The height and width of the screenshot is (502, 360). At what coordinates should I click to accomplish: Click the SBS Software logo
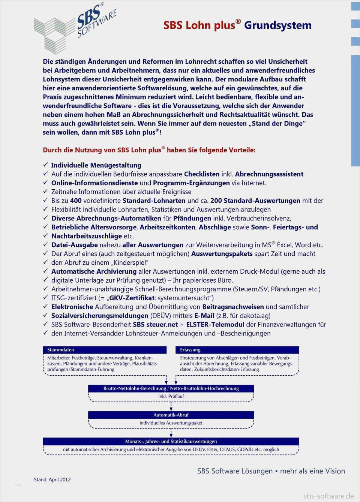75,28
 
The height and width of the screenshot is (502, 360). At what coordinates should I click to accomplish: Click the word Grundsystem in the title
278,25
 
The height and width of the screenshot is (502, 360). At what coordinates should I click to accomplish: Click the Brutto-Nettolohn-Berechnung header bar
171,388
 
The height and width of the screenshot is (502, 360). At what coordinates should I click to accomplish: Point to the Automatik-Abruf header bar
171,415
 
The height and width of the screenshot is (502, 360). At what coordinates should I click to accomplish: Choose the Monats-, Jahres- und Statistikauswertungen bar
171,441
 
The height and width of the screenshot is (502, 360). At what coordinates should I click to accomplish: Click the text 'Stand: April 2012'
52,480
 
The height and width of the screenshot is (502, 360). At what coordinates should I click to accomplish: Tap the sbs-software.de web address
328,496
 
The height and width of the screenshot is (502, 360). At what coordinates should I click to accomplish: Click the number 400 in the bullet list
76,201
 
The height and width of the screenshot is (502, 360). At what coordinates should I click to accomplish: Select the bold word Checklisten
202,174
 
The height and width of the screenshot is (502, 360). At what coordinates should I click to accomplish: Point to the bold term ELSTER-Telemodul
215,324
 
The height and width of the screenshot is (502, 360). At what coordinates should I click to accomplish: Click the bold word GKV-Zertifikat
132,298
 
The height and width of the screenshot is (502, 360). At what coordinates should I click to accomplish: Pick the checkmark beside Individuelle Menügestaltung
45,165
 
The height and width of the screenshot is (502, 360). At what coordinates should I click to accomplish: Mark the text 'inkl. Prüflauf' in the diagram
171,396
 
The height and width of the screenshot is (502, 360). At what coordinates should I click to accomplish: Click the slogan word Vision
334,471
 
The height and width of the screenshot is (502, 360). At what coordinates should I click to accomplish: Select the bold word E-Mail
204,316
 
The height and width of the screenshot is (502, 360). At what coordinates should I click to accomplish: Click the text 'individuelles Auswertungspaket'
171,423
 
